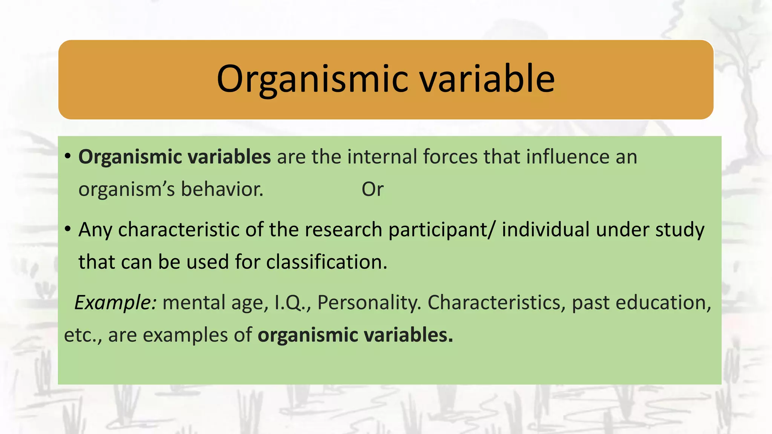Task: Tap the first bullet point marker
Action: point(67,156)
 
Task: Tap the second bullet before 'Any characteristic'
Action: point(67,229)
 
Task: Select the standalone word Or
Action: point(372,189)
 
